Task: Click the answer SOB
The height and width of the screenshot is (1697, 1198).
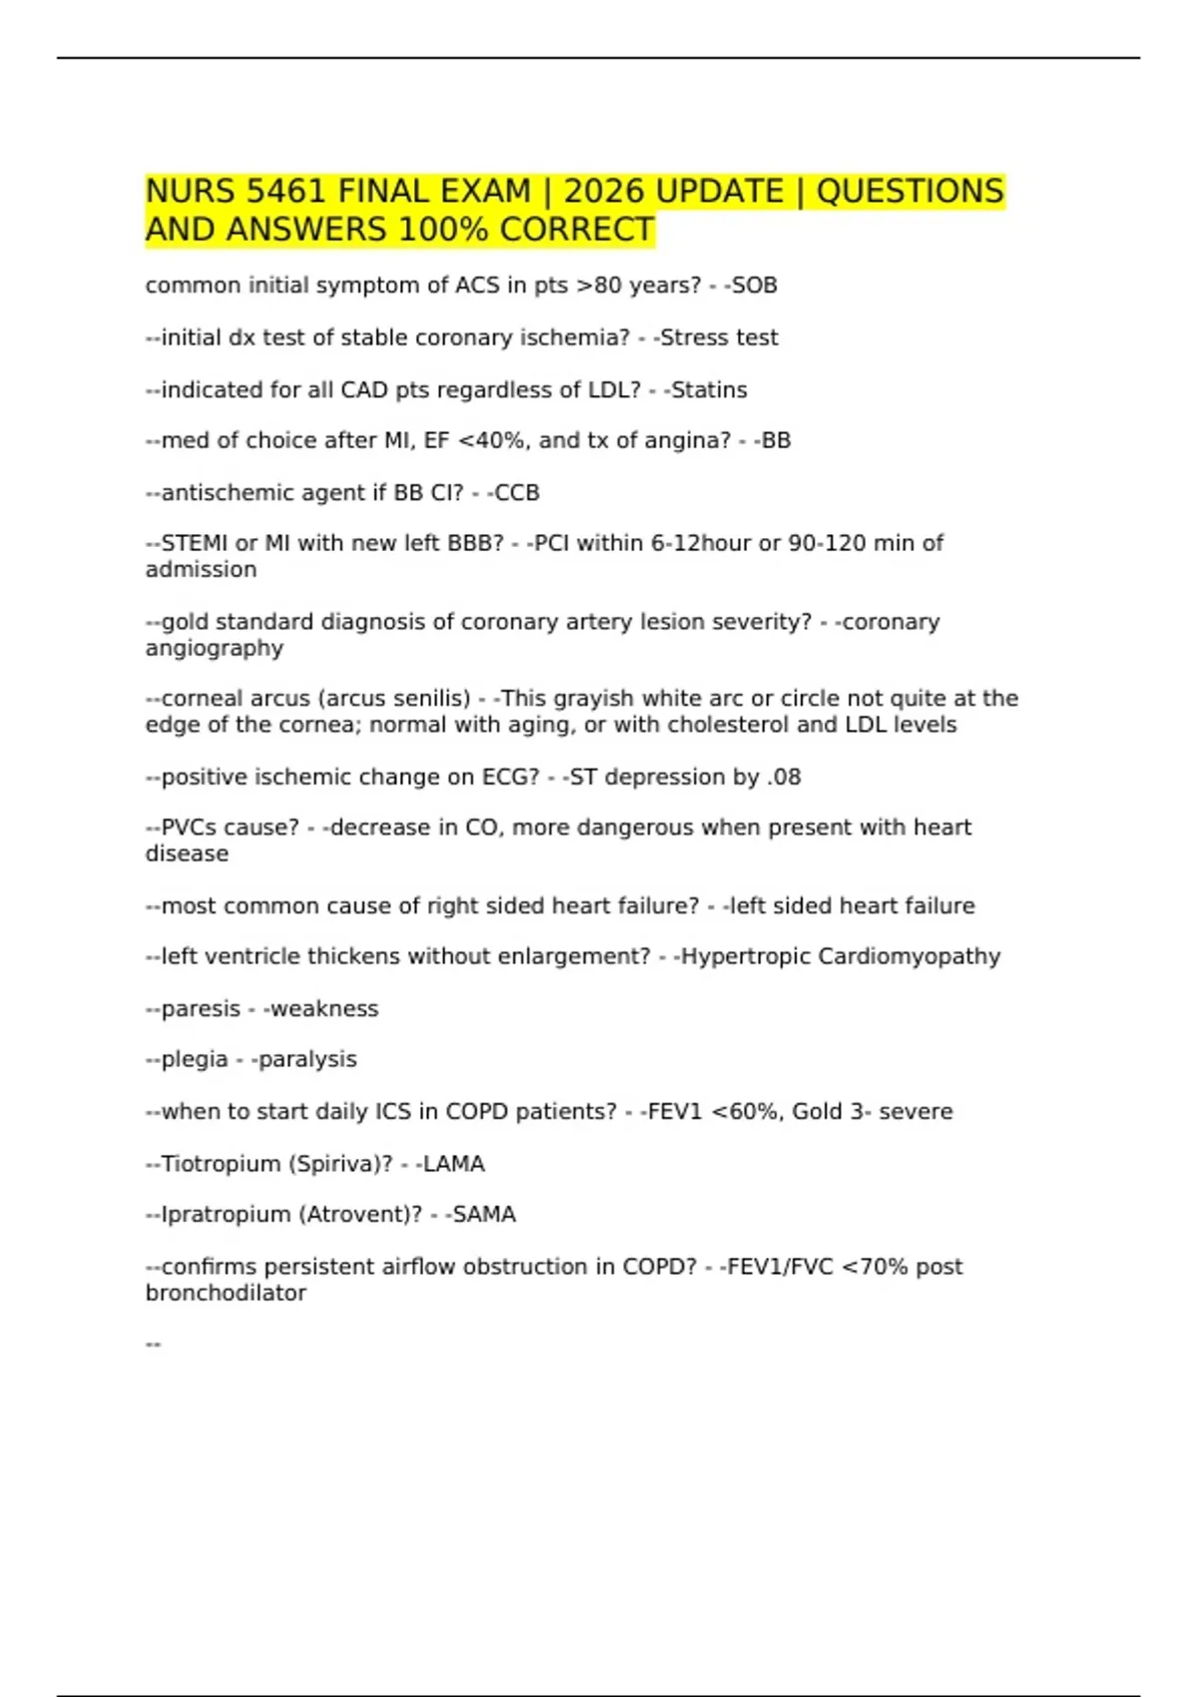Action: click(x=755, y=285)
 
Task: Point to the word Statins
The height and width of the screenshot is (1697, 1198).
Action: click(x=709, y=390)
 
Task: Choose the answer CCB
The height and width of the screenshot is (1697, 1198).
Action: click(x=517, y=493)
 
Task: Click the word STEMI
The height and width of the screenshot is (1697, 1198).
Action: click(x=195, y=543)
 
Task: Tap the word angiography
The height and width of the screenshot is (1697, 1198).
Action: click(x=215, y=649)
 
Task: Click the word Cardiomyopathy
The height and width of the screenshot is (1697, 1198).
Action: click(x=908, y=956)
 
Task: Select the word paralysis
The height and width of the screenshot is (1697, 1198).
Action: click(x=307, y=1059)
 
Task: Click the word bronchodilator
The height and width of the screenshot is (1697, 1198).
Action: click(x=226, y=1294)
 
